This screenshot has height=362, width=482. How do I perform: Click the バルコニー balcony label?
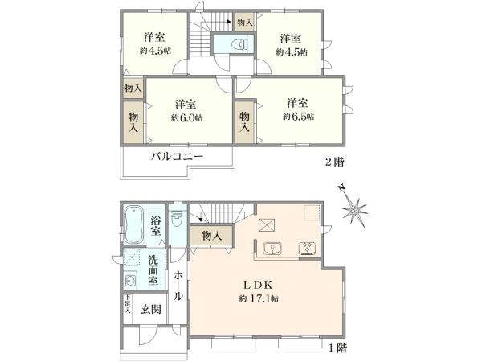(178, 156)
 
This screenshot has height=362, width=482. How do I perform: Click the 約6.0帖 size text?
(186, 117)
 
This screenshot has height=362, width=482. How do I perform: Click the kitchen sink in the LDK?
(270, 248)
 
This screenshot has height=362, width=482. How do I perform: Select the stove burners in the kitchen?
(308, 247)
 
